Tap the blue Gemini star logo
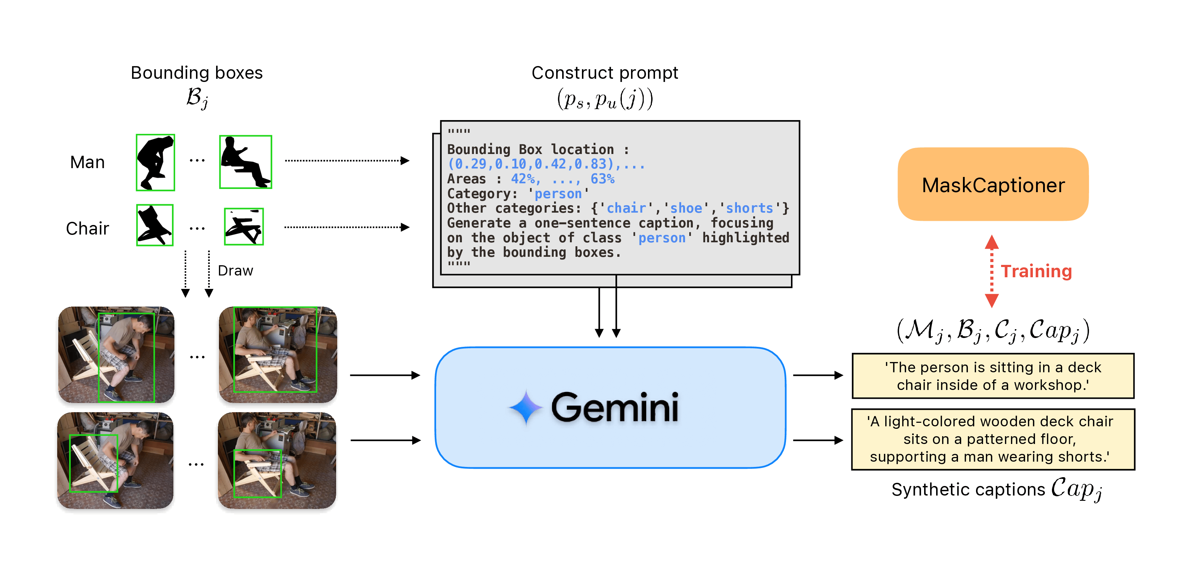(526, 407)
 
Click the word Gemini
(614, 407)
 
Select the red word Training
(1036, 271)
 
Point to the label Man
(87, 162)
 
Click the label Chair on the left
(87, 228)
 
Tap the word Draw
(235, 271)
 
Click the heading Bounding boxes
(196, 72)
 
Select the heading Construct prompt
(605, 72)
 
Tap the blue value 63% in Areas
(602, 179)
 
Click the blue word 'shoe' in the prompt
(686, 208)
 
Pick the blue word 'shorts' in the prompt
(749, 208)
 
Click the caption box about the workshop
(993, 376)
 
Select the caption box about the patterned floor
(993, 439)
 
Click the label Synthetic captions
(968, 490)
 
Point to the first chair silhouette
(155, 225)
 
